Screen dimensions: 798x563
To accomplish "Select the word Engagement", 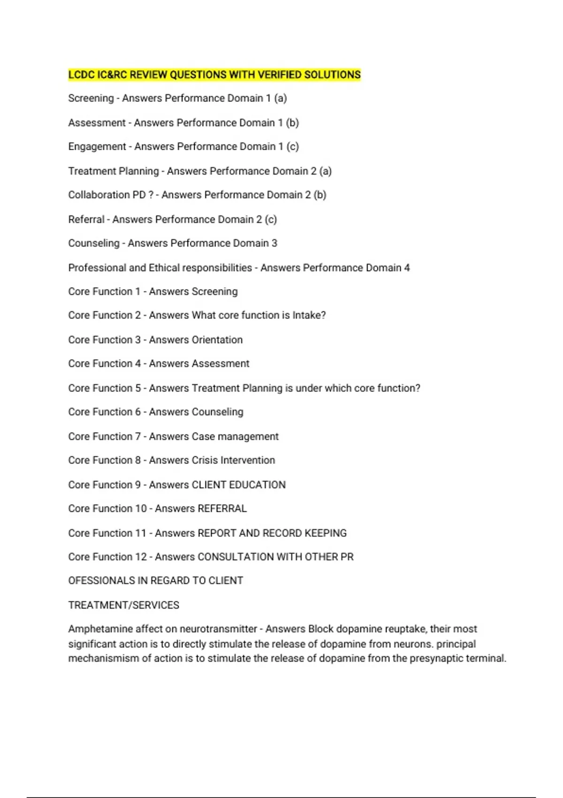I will [x=97, y=147].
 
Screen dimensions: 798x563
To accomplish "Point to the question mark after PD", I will [x=151, y=195].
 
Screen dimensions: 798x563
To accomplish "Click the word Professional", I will [x=97, y=268].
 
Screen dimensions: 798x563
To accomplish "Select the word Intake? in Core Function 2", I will [x=309, y=315].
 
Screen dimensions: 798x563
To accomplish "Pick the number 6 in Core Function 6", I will [x=138, y=412].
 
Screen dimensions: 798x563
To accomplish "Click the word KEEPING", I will [x=326, y=533].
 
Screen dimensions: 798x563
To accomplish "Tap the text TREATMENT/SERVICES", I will [x=124, y=605].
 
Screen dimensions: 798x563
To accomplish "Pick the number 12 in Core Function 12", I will [x=141, y=557].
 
